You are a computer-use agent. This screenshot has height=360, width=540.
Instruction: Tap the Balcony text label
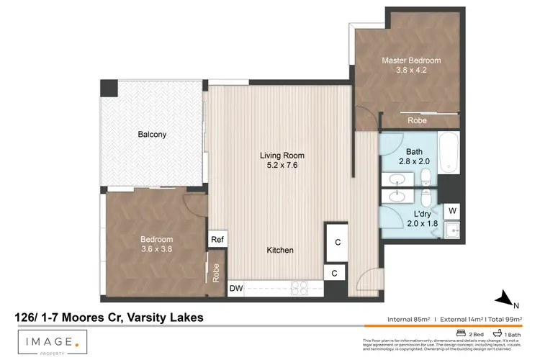coord(152,134)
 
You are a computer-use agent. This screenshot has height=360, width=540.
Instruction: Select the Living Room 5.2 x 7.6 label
coord(282,160)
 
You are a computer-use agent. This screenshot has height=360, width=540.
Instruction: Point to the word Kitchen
coord(280,250)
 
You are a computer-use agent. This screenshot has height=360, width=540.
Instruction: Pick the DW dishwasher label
coord(235,289)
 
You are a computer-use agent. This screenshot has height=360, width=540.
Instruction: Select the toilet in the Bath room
coord(426,176)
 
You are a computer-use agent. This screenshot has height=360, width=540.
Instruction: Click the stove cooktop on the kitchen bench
coord(299,289)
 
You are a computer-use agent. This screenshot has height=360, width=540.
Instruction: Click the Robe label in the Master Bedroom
coord(417,121)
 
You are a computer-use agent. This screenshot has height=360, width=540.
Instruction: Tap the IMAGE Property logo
coord(54,341)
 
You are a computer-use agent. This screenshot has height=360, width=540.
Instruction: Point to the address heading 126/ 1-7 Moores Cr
coord(109,317)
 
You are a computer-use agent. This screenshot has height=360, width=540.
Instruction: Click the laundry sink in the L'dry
coord(451,230)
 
